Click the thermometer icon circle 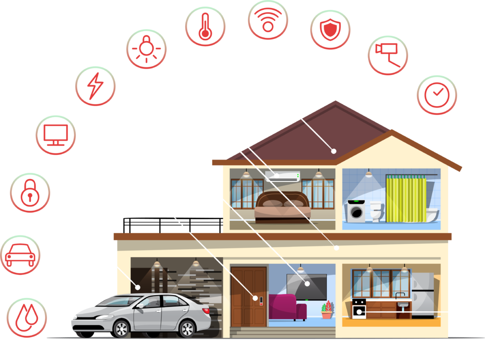click(x=205, y=27)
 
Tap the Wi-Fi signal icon click(x=268, y=19)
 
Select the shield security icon click(x=330, y=29)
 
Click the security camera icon click(x=387, y=55)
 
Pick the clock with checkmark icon click(x=437, y=95)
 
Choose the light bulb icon click(x=146, y=49)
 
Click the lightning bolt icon click(x=95, y=86)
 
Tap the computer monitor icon click(x=56, y=135)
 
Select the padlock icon click(x=30, y=192)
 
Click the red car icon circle click(x=20, y=255)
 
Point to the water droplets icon click(x=27, y=317)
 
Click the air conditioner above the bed click(x=283, y=176)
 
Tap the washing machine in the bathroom click(x=357, y=212)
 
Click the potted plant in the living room click(x=327, y=310)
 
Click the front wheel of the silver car click(x=121, y=329)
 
